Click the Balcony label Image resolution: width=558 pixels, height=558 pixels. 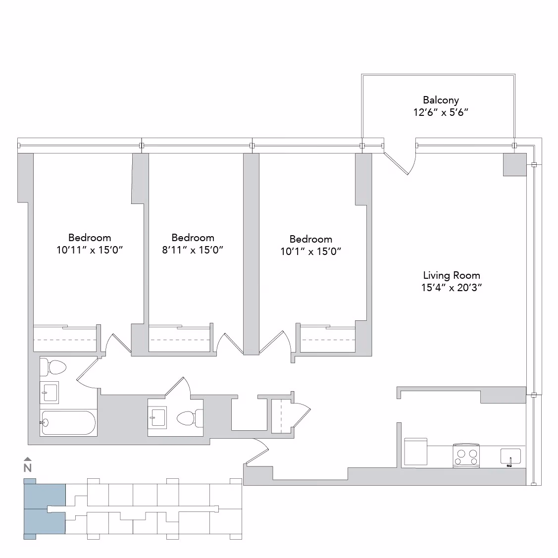coord(441,100)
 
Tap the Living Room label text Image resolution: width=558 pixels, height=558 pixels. coord(451,275)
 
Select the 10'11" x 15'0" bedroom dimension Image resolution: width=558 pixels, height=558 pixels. coord(90,250)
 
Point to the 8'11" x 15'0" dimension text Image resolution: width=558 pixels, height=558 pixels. coord(193,250)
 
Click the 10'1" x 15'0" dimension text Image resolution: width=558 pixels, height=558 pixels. coord(311,252)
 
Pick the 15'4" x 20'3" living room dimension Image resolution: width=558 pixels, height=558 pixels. coord(451,288)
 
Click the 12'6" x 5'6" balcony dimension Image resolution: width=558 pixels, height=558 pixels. coord(441,112)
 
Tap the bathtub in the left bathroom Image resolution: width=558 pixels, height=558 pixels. coord(68,423)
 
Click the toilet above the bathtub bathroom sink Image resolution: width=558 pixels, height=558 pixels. coord(53,367)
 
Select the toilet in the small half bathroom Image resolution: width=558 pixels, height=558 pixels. coord(189,418)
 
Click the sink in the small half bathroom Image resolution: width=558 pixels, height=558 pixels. coord(157,417)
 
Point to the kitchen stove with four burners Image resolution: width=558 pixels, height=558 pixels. coord(466,456)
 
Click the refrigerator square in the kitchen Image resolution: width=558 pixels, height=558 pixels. coord(415,451)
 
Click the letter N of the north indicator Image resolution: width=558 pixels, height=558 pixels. coord(28,467)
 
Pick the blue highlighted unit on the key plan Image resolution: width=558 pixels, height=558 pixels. coord(45,509)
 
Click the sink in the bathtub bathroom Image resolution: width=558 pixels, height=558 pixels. coord(49,393)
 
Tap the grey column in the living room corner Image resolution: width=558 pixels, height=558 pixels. coord(514,164)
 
